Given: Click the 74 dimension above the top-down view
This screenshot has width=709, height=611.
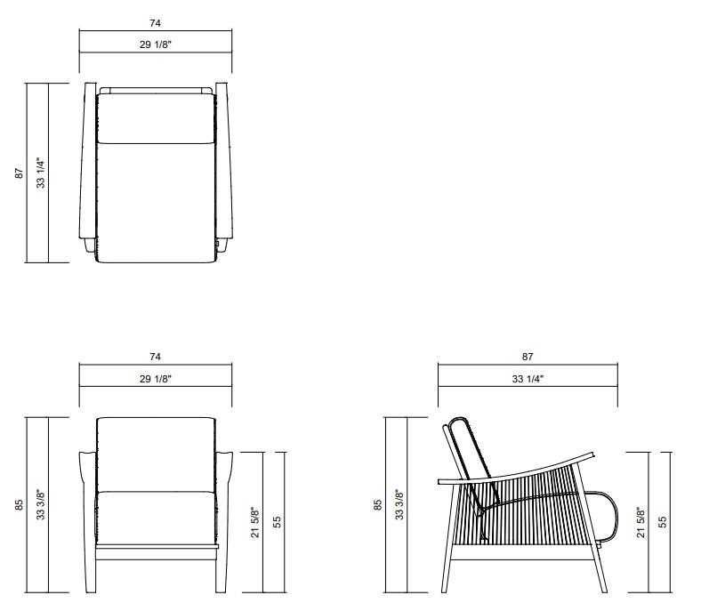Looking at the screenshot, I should click(x=156, y=23).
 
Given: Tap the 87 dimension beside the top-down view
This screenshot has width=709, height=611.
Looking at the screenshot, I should click(x=18, y=174).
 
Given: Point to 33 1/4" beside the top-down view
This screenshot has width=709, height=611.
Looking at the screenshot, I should click(x=39, y=173).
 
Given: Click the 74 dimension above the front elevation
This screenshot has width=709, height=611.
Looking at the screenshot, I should click(x=156, y=357).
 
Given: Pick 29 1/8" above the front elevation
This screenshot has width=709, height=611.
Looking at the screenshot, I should click(x=156, y=378).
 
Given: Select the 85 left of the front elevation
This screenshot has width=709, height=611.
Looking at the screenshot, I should click(x=18, y=504).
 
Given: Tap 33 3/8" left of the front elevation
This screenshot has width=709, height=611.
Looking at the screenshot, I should click(x=39, y=504).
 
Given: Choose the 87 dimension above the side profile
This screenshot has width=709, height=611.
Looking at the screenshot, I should click(x=528, y=357).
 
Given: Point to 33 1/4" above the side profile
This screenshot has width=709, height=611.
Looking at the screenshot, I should click(x=528, y=378).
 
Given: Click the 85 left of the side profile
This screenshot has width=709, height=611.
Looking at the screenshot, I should click(x=377, y=504).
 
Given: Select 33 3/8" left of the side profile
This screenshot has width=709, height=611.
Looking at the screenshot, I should click(x=399, y=504).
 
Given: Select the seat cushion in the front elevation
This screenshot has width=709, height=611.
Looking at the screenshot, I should click(x=156, y=516).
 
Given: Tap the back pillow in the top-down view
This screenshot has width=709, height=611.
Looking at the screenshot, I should click(x=156, y=116).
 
